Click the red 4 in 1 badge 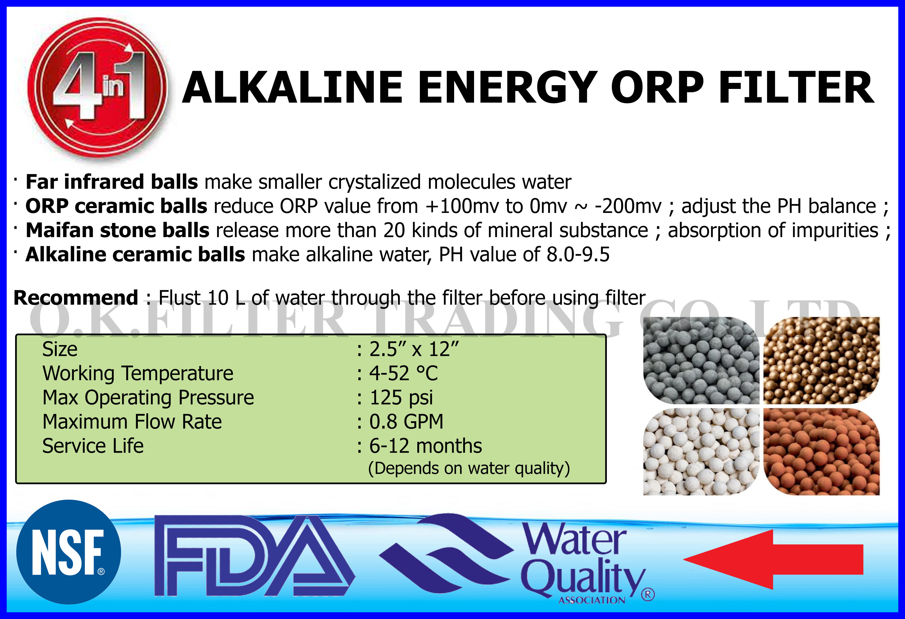97,88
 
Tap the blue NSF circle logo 69,552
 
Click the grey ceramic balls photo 701,360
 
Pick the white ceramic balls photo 701,452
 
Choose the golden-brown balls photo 821,360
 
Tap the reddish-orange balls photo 821,452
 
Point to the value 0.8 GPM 406,422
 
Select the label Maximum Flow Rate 132,422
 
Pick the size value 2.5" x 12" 414,349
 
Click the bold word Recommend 76,298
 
